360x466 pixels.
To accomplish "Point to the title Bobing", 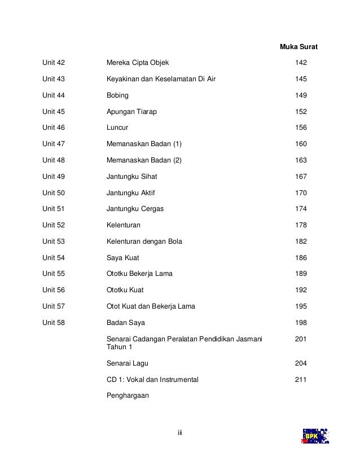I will pos(117,95).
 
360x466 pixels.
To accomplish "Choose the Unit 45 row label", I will pos(54,112).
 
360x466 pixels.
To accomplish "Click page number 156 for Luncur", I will pos(301,128).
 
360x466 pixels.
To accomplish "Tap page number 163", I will pos(301,160).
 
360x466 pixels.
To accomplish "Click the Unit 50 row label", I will pos(54,193).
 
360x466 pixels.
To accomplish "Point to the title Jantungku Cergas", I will pos(135,209).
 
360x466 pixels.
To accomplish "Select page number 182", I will pos(301,241).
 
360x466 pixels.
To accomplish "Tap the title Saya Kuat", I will pos(122,258).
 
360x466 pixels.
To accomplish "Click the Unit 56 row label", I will pos(54,290).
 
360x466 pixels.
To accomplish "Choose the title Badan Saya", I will pos(126,323).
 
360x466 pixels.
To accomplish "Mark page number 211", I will pos(301,380).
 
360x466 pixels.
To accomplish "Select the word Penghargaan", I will pos(128,395).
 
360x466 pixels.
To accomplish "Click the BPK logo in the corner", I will pos(315,437).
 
